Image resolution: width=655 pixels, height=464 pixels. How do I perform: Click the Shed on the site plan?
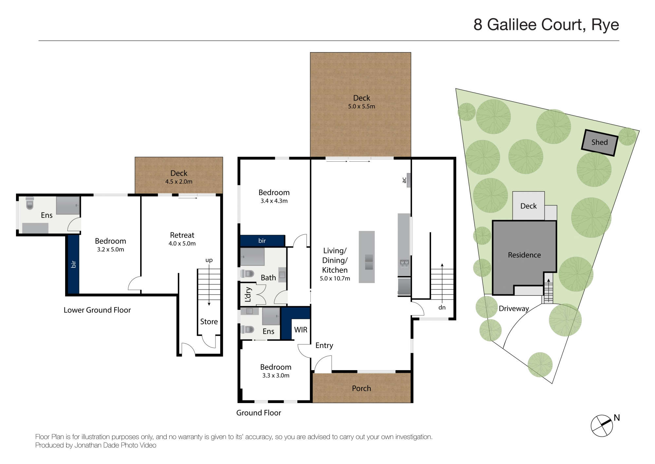click(599, 143)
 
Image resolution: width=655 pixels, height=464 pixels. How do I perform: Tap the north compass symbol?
click(602, 426)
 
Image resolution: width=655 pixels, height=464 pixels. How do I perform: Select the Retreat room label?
click(182, 235)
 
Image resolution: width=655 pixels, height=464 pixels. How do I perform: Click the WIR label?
click(301, 330)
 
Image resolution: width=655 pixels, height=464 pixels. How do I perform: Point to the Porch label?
click(362, 388)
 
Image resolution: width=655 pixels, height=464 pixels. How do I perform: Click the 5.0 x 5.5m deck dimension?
click(362, 106)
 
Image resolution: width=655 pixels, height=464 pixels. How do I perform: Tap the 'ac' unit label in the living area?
click(404, 180)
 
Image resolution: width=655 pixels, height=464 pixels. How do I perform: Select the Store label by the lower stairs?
click(209, 322)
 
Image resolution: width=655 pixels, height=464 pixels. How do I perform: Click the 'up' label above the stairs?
click(209, 260)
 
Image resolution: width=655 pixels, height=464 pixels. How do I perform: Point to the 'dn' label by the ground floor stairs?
click(442, 308)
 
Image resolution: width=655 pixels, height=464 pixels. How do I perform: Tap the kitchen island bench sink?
click(369, 262)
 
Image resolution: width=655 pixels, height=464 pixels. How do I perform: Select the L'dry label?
click(248, 294)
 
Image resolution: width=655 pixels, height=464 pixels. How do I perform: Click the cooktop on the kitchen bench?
click(404, 264)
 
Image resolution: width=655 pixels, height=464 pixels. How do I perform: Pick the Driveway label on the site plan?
click(514, 309)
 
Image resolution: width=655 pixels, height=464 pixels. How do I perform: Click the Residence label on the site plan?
click(524, 255)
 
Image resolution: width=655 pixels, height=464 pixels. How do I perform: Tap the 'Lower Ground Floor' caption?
click(97, 310)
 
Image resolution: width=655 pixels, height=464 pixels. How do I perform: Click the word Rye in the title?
click(605, 25)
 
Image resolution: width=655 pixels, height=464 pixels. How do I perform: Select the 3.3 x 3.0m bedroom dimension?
click(276, 375)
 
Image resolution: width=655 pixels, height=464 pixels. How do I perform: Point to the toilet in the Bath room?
click(247, 273)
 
